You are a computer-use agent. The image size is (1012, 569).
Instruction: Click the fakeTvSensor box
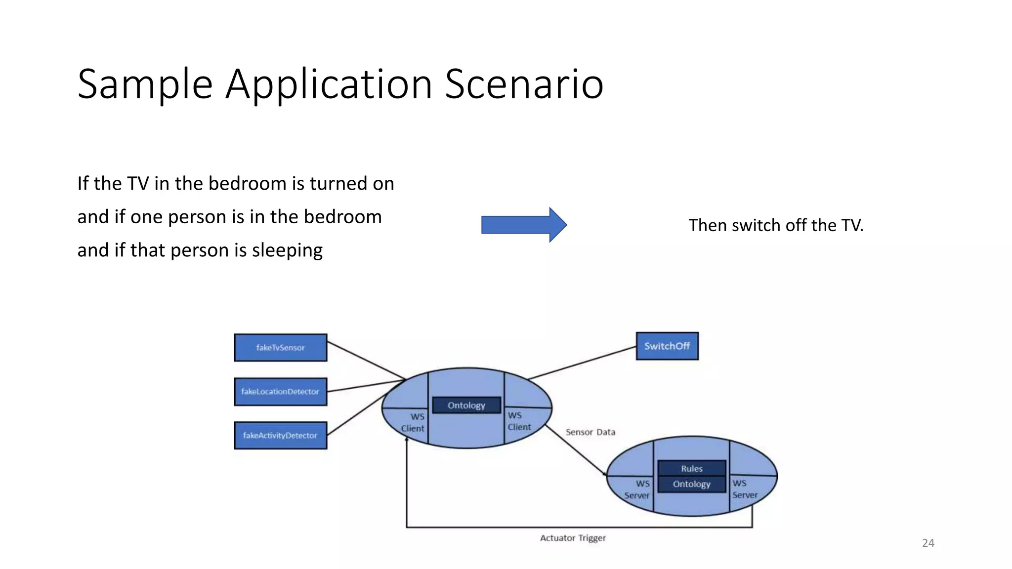pyautogui.click(x=280, y=348)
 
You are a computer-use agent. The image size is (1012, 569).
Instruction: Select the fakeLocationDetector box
pyautogui.click(x=280, y=392)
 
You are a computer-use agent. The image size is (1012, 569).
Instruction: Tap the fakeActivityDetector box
pyautogui.click(x=280, y=435)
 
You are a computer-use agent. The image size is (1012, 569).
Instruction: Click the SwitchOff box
pyautogui.click(x=667, y=346)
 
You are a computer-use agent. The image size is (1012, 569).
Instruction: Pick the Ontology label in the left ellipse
pyautogui.click(x=466, y=406)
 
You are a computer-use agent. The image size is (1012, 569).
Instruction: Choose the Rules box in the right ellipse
pyautogui.click(x=691, y=468)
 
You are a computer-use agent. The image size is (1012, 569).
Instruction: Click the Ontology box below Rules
pyautogui.click(x=691, y=484)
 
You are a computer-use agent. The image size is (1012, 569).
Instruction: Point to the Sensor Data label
pyautogui.click(x=590, y=432)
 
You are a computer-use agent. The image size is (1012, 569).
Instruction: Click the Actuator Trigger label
pyautogui.click(x=573, y=538)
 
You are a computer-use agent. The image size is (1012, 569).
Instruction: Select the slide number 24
pyautogui.click(x=928, y=543)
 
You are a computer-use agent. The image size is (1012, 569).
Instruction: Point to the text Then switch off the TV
pyautogui.click(x=776, y=225)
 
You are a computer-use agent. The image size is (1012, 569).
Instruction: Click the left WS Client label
pyautogui.click(x=413, y=422)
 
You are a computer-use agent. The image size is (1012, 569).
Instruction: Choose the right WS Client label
pyautogui.click(x=519, y=421)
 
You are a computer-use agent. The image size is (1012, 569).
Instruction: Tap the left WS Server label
pyautogui.click(x=637, y=489)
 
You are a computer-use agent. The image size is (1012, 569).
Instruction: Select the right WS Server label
pyautogui.click(x=744, y=489)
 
